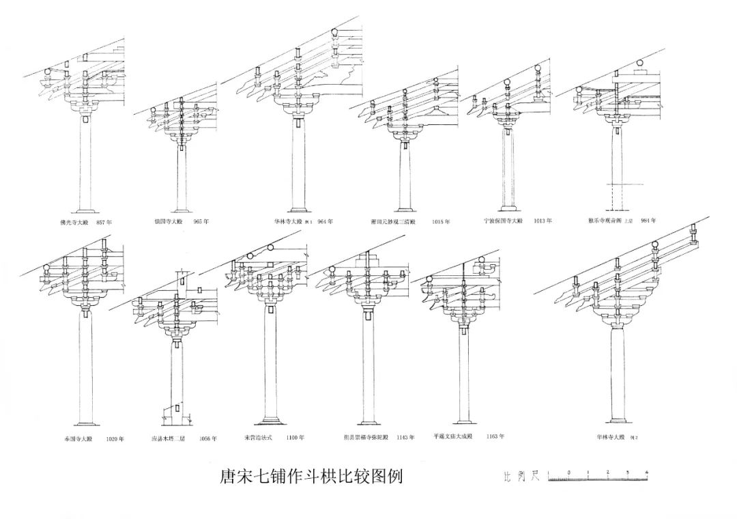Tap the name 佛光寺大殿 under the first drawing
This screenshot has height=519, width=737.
[74, 223]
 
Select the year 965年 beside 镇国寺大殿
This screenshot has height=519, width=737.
[201, 222]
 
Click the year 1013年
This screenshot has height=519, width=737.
[544, 221]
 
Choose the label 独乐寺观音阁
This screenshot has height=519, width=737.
[607, 221]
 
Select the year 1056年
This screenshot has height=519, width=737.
[208, 439]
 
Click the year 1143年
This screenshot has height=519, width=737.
[405, 437]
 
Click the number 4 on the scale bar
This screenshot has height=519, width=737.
[646, 473]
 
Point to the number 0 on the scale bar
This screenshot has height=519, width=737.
[568, 473]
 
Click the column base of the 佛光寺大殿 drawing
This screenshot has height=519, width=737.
[85, 208]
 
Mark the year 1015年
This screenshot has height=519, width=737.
[441, 222]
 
